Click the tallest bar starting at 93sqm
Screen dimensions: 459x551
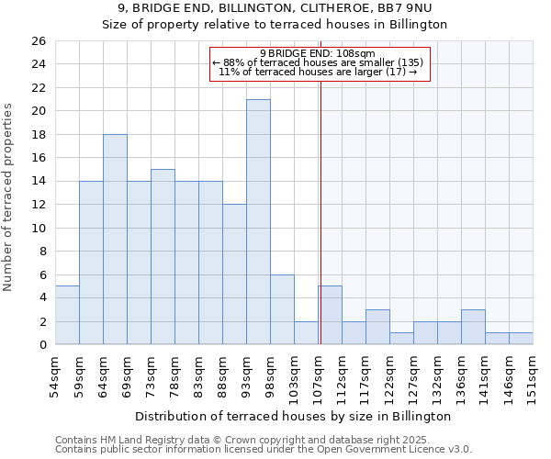tap(258, 222)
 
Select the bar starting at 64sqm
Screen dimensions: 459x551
tap(115, 240)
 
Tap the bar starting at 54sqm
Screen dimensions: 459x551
tap(67, 315)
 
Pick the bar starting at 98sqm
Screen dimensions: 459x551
tap(282, 309)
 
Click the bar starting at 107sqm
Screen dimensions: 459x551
tap(331, 315)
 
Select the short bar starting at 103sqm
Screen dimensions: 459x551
tap(306, 333)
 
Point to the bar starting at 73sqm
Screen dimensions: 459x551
tap(163, 257)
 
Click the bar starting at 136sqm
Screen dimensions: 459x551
tap(473, 327)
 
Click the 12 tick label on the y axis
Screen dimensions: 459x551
tap(38, 205)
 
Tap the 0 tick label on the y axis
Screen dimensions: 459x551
tap(41, 345)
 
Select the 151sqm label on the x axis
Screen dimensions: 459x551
tap(533, 375)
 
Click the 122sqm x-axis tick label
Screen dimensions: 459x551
tap(389, 375)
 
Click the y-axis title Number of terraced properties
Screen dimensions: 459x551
tap(9, 197)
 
